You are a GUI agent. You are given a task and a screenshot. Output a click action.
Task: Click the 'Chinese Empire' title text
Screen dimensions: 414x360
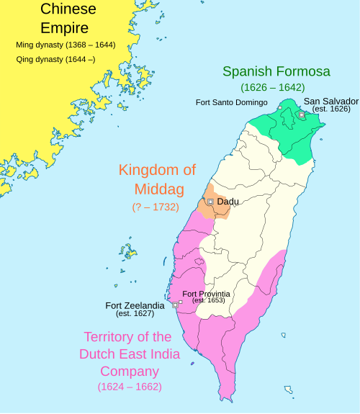click(64, 19)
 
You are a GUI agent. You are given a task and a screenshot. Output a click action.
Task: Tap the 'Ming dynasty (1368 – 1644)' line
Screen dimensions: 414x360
click(66, 45)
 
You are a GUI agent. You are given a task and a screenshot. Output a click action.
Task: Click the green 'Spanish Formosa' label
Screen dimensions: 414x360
click(276, 71)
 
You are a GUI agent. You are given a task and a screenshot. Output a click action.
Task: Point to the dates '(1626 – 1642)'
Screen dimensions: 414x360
click(272, 87)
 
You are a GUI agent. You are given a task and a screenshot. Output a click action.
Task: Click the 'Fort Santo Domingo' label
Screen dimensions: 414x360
click(232, 102)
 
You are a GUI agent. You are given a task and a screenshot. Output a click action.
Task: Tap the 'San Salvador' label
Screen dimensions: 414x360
click(330, 101)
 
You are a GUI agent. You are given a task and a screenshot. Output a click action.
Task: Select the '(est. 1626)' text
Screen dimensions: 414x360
click(331, 109)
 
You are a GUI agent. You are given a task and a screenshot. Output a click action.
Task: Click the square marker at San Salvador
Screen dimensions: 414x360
click(301, 114)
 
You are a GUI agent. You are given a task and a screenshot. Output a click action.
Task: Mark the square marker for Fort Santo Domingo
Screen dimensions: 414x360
click(280, 107)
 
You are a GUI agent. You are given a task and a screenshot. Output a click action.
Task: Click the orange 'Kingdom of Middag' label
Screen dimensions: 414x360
click(157, 179)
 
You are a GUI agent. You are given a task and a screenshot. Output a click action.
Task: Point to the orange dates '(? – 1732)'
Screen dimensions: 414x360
click(156, 207)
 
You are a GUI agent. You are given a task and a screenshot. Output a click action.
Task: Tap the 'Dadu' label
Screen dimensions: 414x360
click(228, 202)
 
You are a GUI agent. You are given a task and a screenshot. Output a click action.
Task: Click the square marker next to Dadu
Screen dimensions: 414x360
click(210, 202)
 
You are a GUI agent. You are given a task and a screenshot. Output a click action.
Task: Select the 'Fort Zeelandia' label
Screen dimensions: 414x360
click(135, 305)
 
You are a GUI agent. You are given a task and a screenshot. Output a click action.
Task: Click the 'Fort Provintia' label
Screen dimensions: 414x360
click(206, 294)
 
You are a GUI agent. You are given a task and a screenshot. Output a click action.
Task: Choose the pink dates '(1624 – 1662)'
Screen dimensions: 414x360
click(130, 387)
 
